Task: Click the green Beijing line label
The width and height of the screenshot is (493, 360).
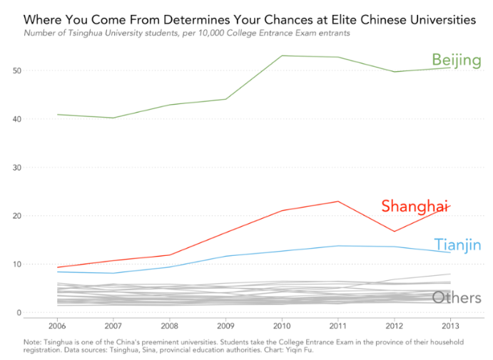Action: point(456,61)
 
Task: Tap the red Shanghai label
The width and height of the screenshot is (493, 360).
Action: point(415,206)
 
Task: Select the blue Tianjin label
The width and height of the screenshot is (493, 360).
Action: point(457,245)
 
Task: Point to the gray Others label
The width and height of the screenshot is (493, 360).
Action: point(457,298)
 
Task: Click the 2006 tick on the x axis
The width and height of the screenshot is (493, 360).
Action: point(57,327)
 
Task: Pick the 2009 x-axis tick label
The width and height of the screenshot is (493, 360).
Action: point(225,327)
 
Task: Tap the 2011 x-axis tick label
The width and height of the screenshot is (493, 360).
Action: point(337,327)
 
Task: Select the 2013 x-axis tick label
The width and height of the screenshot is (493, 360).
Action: point(449,327)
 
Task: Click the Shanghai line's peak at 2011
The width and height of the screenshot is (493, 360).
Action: point(337,201)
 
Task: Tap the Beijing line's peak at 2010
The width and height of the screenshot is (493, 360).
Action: point(282,56)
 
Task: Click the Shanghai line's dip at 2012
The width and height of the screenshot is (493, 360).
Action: point(394,231)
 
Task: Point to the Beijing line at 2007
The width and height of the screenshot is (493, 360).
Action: point(113,118)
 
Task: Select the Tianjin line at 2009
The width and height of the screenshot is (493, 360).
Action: point(225,256)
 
